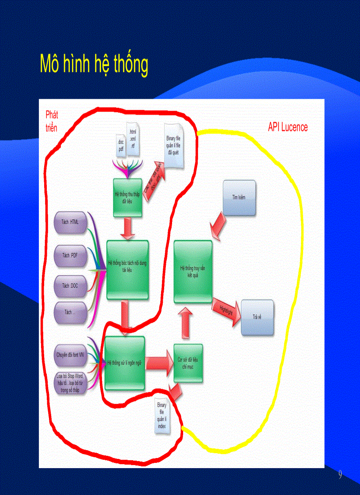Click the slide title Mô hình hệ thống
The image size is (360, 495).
pos(94,65)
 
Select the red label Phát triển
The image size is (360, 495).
pos(52,121)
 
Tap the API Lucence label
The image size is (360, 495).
pos(288,127)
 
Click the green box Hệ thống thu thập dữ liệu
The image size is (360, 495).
pos(127,197)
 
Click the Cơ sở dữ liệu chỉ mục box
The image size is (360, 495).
pos(188,363)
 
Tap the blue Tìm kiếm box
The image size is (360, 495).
pos(239,197)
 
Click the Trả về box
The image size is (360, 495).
pos(257,317)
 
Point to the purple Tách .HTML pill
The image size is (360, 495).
pos(70,222)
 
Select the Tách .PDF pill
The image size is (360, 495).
pos(70,255)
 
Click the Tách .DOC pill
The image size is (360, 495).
pos(70,286)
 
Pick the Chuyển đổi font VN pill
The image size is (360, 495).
pos(70,354)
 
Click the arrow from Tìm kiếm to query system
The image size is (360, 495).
pos(217,225)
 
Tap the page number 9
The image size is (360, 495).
pos(340,475)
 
